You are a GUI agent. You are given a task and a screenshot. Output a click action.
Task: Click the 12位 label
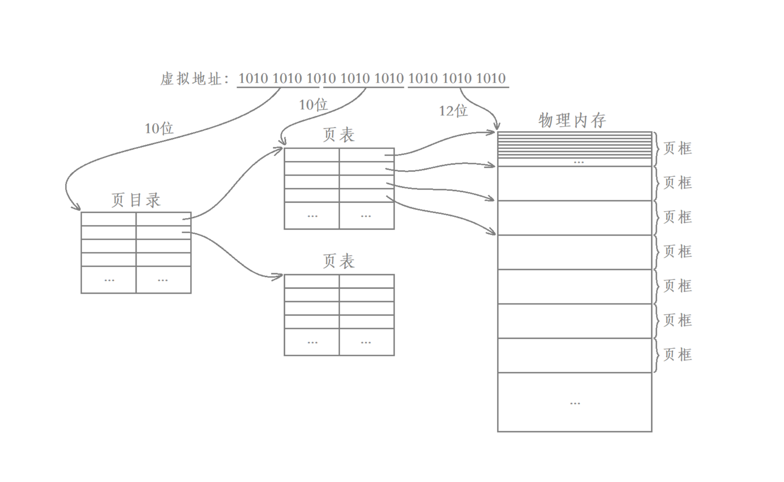(x=453, y=111)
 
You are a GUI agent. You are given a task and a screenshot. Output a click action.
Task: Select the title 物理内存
(x=572, y=120)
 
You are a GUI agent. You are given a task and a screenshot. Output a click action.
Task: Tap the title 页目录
(x=136, y=200)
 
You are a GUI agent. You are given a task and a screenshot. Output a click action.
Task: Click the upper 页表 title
(x=339, y=135)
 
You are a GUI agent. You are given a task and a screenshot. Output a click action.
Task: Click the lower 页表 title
(x=339, y=261)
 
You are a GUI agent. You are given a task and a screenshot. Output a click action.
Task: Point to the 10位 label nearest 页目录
(x=159, y=129)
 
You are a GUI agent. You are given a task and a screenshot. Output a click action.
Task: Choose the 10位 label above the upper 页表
(x=313, y=105)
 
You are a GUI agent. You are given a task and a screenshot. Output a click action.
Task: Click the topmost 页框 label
(x=677, y=148)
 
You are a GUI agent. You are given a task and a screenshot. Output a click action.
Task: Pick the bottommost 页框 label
(x=677, y=355)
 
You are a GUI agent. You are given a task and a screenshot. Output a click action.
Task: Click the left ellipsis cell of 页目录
(x=109, y=280)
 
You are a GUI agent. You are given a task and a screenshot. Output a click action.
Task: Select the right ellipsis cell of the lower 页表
(x=366, y=342)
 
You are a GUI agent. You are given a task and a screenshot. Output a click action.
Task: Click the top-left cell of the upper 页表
(x=312, y=155)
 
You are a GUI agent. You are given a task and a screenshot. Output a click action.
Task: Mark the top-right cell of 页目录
(x=163, y=219)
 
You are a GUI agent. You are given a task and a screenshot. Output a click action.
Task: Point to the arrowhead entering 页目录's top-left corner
(x=76, y=207)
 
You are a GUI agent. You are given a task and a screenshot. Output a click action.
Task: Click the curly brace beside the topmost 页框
(x=657, y=149)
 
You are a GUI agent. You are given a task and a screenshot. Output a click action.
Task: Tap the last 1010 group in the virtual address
(x=491, y=78)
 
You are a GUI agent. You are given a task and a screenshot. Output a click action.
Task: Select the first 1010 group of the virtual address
(x=253, y=78)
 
